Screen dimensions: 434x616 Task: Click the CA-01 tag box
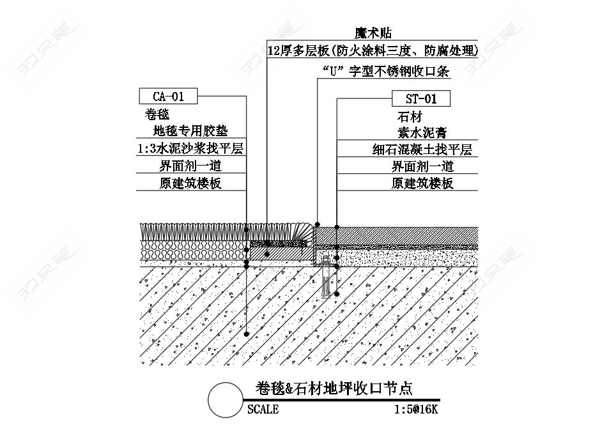tap(168, 97)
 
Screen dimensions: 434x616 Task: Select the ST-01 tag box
tap(421, 98)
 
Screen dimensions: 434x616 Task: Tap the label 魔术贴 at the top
tap(373, 33)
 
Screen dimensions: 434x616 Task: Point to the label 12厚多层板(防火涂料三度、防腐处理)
tap(373, 51)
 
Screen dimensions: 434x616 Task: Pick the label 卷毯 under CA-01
tap(157, 115)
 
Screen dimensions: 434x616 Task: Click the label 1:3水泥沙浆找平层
tap(190, 149)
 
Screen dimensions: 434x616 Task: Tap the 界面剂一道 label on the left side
tap(190, 166)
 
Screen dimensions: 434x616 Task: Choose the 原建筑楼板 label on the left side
tap(190, 183)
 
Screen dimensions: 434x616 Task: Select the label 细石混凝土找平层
tap(422, 150)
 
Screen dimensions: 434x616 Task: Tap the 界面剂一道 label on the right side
tap(422, 167)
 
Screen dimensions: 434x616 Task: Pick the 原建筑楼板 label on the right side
tap(422, 183)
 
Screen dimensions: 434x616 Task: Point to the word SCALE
tap(263, 410)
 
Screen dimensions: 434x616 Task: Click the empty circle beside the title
tap(226, 400)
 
